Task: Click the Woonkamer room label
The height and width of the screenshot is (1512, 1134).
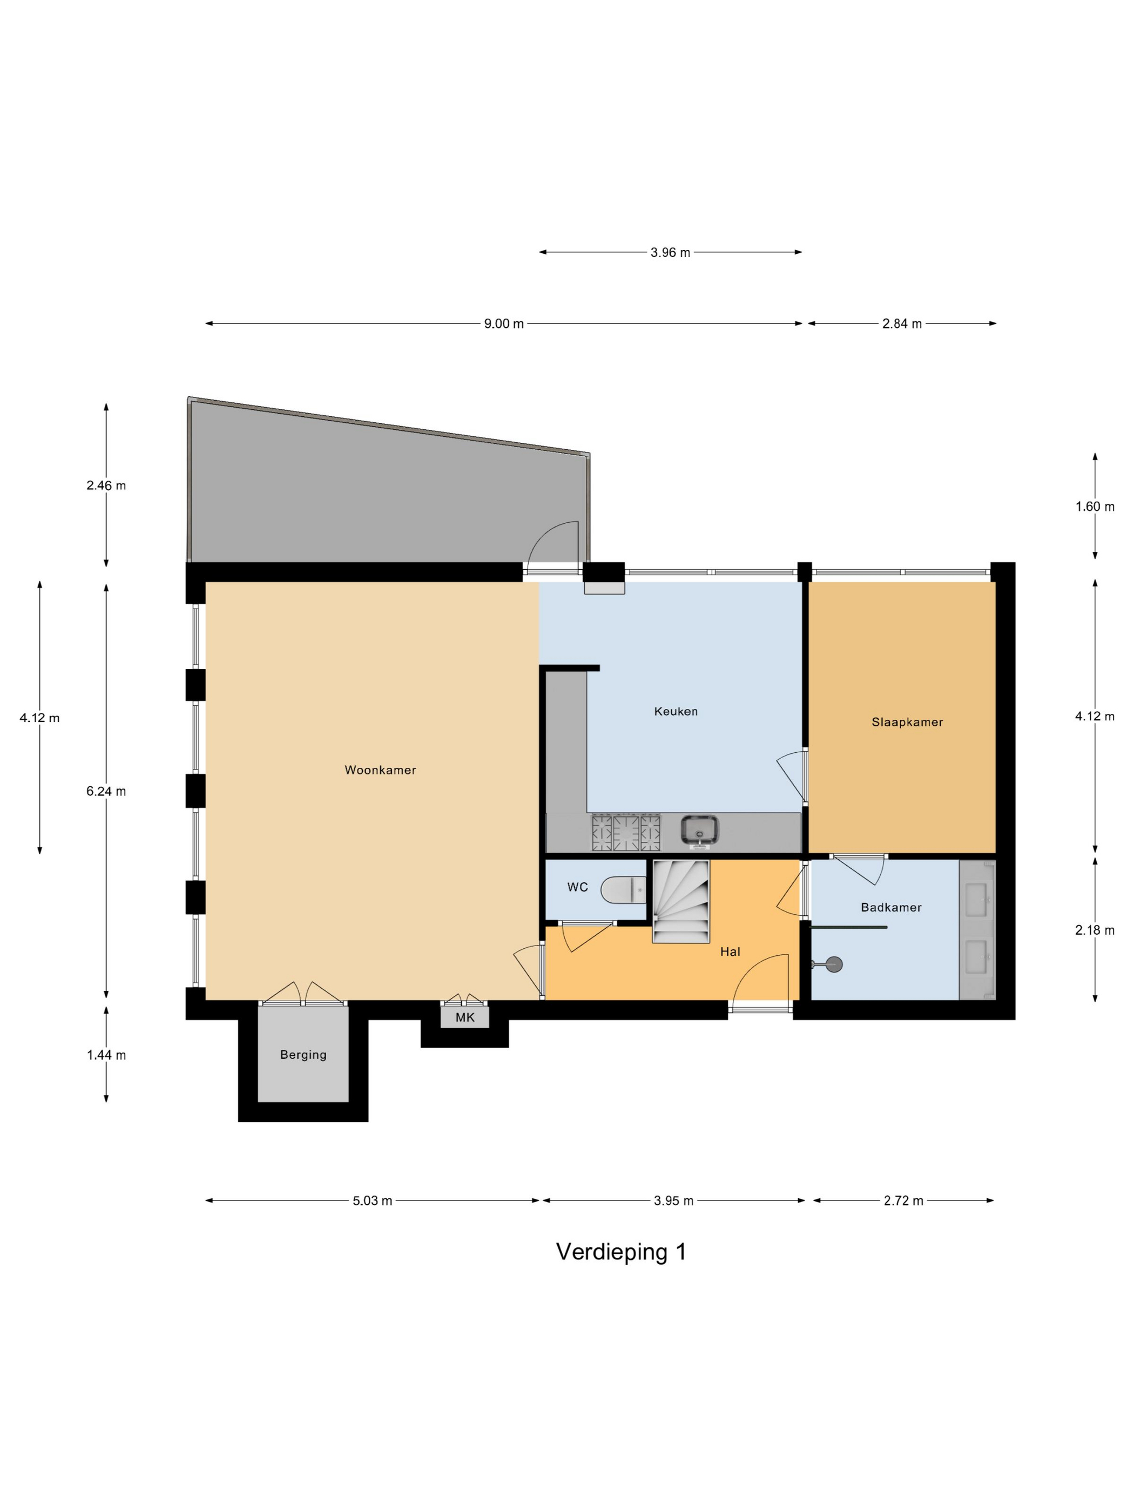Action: pyautogui.click(x=380, y=771)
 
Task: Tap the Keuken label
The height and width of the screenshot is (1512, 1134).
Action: pyautogui.click(x=676, y=712)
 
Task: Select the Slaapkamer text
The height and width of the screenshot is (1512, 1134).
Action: pyautogui.click(x=907, y=723)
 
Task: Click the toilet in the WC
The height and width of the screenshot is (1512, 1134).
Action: pyautogui.click(x=623, y=890)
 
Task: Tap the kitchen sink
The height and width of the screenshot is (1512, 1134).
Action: pyautogui.click(x=699, y=831)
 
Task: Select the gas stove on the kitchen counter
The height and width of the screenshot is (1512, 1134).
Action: pyautogui.click(x=626, y=833)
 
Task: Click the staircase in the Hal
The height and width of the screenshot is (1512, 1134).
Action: pyautogui.click(x=681, y=902)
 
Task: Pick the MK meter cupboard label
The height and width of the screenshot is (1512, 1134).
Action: pyautogui.click(x=465, y=1018)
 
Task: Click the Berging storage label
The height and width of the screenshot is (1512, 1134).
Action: pyautogui.click(x=303, y=1055)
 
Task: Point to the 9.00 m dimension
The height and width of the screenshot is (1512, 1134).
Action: pyautogui.click(x=504, y=324)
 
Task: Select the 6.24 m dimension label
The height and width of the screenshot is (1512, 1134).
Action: pyautogui.click(x=106, y=792)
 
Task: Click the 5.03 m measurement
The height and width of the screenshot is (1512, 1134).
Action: pyautogui.click(x=373, y=1201)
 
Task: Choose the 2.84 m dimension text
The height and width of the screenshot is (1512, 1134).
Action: pyautogui.click(x=902, y=324)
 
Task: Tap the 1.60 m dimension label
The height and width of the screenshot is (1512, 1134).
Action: pyautogui.click(x=1095, y=507)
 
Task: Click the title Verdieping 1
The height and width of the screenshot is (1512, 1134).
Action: pyautogui.click(x=620, y=1252)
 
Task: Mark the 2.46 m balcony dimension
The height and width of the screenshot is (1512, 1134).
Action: pyautogui.click(x=106, y=486)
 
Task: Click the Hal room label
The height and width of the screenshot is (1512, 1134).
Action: pyautogui.click(x=730, y=951)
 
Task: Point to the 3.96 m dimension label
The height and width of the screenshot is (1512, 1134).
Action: pyautogui.click(x=670, y=253)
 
